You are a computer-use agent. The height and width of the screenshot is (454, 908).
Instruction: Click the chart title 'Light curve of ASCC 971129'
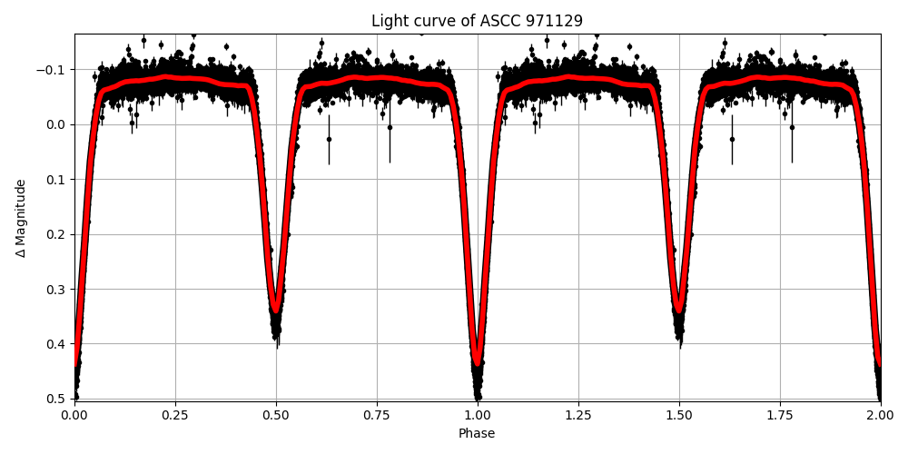pos(477,21)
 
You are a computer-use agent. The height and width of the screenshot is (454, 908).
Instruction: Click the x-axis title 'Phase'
pos(477,434)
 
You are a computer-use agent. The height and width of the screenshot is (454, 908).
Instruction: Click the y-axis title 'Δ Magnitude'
pos(20,218)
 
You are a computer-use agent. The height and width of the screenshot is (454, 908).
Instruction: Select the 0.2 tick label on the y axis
pos(56,234)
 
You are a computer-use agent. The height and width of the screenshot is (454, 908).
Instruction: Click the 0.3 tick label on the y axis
pos(56,290)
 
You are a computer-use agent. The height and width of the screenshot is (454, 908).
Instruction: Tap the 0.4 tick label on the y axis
pos(56,344)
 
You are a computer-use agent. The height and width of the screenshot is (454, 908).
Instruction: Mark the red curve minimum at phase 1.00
pos(478,362)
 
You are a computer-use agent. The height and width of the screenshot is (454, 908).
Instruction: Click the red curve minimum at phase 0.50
pos(276,310)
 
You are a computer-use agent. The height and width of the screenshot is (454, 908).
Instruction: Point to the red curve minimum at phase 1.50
pos(679,310)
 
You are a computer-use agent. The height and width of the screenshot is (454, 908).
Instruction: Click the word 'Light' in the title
pos(389,21)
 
